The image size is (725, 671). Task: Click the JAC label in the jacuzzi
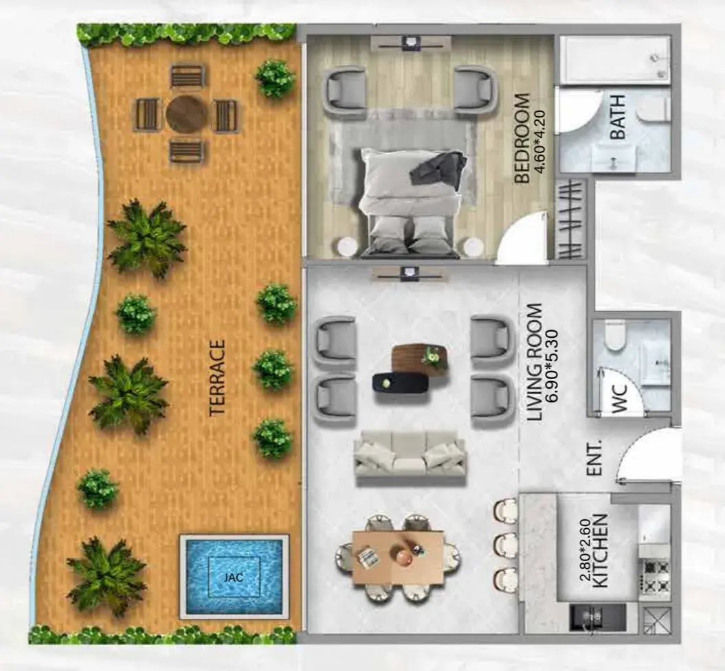pyautogui.click(x=234, y=577)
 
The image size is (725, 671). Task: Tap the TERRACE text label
pyautogui.click(x=217, y=378)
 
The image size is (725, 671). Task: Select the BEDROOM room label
pyautogui.click(x=522, y=139)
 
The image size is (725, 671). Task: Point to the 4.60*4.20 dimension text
pyautogui.click(x=539, y=141)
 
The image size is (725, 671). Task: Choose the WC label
pyautogui.click(x=619, y=398)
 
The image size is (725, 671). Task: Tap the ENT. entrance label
pyautogui.click(x=594, y=457)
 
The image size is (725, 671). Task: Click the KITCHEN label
pyautogui.click(x=600, y=551)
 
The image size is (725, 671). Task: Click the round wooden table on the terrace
pyautogui.click(x=187, y=113)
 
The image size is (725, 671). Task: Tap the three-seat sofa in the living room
pyautogui.click(x=410, y=458)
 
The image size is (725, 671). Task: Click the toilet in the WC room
pyautogui.click(x=614, y=337)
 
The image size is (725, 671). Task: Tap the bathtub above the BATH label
pyautogui.click(x=615, y=60)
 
